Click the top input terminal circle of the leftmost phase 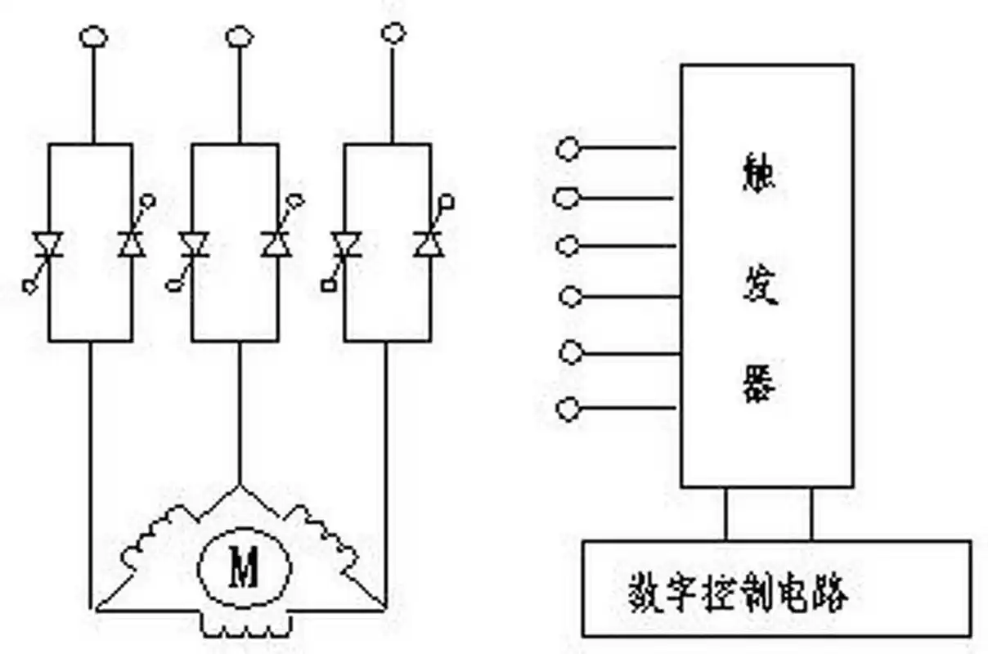92,37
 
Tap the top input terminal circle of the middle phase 239,36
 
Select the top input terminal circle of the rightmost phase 393,33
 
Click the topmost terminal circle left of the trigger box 567,149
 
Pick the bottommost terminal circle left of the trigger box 568,409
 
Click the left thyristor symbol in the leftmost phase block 48,244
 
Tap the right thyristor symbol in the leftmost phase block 132,244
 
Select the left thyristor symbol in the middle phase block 194,244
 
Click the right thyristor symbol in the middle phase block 276,244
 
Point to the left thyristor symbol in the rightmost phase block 347,244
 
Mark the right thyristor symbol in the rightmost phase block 428,244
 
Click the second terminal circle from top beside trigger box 567,198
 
